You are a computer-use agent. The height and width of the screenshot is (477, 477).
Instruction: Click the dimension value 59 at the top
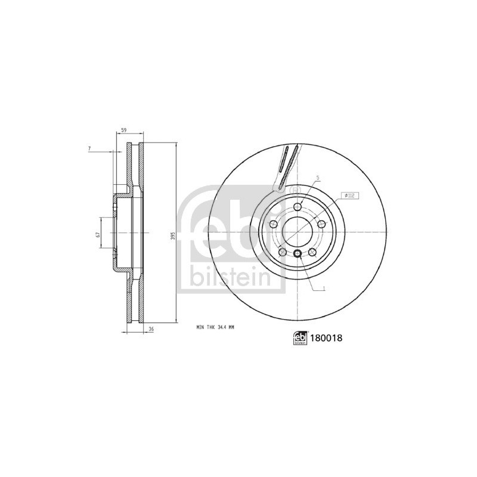(x=123, y=130)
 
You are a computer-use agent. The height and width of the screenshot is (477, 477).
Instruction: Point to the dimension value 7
(x=89, y=147)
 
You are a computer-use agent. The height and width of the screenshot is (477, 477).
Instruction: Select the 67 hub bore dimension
(x=97, y=234)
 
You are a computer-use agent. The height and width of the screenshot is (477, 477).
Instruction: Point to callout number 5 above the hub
(x=318, y=178)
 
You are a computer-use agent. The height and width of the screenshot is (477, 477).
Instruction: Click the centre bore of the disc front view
(x=296, y=231)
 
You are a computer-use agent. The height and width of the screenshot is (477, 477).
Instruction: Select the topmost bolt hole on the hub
(x=297, y=206)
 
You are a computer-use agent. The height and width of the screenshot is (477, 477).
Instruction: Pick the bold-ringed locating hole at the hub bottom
(x=297, y=255)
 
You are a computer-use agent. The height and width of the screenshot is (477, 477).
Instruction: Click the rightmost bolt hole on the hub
(x=321, y=224)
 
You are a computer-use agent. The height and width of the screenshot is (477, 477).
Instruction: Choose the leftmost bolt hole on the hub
(x=273, y=224)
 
